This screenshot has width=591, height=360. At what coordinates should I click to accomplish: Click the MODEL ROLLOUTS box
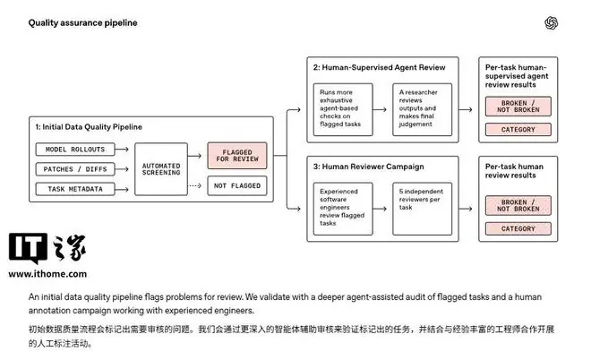coord(75,150)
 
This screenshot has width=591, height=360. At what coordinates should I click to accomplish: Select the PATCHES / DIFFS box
coord(75,169)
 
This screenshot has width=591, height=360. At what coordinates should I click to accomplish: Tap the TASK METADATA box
coord(75,189)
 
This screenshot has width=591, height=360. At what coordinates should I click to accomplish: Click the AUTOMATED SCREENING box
coord(161,169)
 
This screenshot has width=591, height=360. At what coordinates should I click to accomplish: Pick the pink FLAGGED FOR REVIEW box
coord(237,156)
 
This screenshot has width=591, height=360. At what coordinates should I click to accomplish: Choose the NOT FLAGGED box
coord(237,186)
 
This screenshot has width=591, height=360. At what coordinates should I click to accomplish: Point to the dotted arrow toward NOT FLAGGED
coord(194,185)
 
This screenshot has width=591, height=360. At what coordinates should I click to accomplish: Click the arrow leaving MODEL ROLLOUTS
coord(122,150)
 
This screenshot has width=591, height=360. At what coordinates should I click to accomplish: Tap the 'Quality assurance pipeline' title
coord(82,22)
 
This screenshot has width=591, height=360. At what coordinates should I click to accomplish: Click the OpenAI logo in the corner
coord(551,23)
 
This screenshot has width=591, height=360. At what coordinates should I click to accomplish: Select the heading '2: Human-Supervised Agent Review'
coord(379,67)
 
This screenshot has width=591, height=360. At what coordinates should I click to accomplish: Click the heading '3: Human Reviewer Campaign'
coord(368,167)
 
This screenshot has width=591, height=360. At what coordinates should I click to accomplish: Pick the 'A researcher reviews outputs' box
coord(422,109)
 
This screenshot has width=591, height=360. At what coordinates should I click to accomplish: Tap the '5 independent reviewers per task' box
coord(422,209)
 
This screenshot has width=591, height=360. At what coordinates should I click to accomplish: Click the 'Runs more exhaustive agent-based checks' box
coord(343,109)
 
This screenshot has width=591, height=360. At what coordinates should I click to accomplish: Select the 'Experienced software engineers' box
coord(343,209)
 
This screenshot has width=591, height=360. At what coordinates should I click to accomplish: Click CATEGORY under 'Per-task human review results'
coord(518,229)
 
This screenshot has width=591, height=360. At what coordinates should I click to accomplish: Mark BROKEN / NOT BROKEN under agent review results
coord(518,107)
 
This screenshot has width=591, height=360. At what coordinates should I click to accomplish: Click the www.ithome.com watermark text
coord(47,274)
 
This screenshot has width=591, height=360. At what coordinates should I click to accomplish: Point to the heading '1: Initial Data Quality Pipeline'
coord(89,127)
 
